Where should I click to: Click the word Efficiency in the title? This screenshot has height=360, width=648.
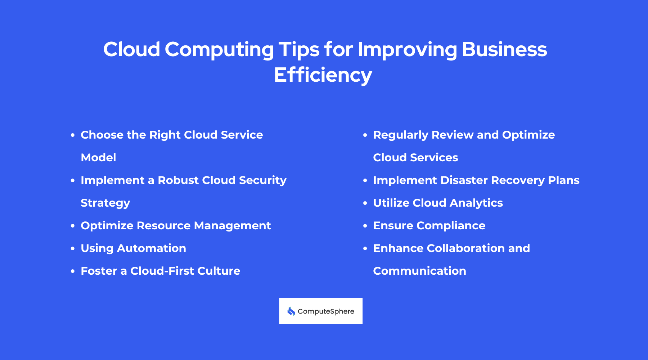tap(323, 75)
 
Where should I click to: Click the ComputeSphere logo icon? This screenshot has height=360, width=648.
tap(291, 311)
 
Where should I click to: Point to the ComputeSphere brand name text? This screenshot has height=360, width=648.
tap(326, 311)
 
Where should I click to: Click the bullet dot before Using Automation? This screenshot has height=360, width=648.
tap(73, 248)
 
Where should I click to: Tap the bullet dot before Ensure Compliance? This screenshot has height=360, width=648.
tap(365, 226)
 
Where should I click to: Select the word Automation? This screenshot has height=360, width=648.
tap(152, 248)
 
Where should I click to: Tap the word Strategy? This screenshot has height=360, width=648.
tap(105, 203)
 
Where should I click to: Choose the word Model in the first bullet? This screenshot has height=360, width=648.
tap(98, 157)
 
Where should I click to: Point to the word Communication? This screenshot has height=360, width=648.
tap(419, 271)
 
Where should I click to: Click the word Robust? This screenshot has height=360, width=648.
tap(178, 180)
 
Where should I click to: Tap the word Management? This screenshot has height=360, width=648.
tap(232, 225)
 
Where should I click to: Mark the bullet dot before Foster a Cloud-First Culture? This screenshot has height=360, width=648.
tap(73, 271)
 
